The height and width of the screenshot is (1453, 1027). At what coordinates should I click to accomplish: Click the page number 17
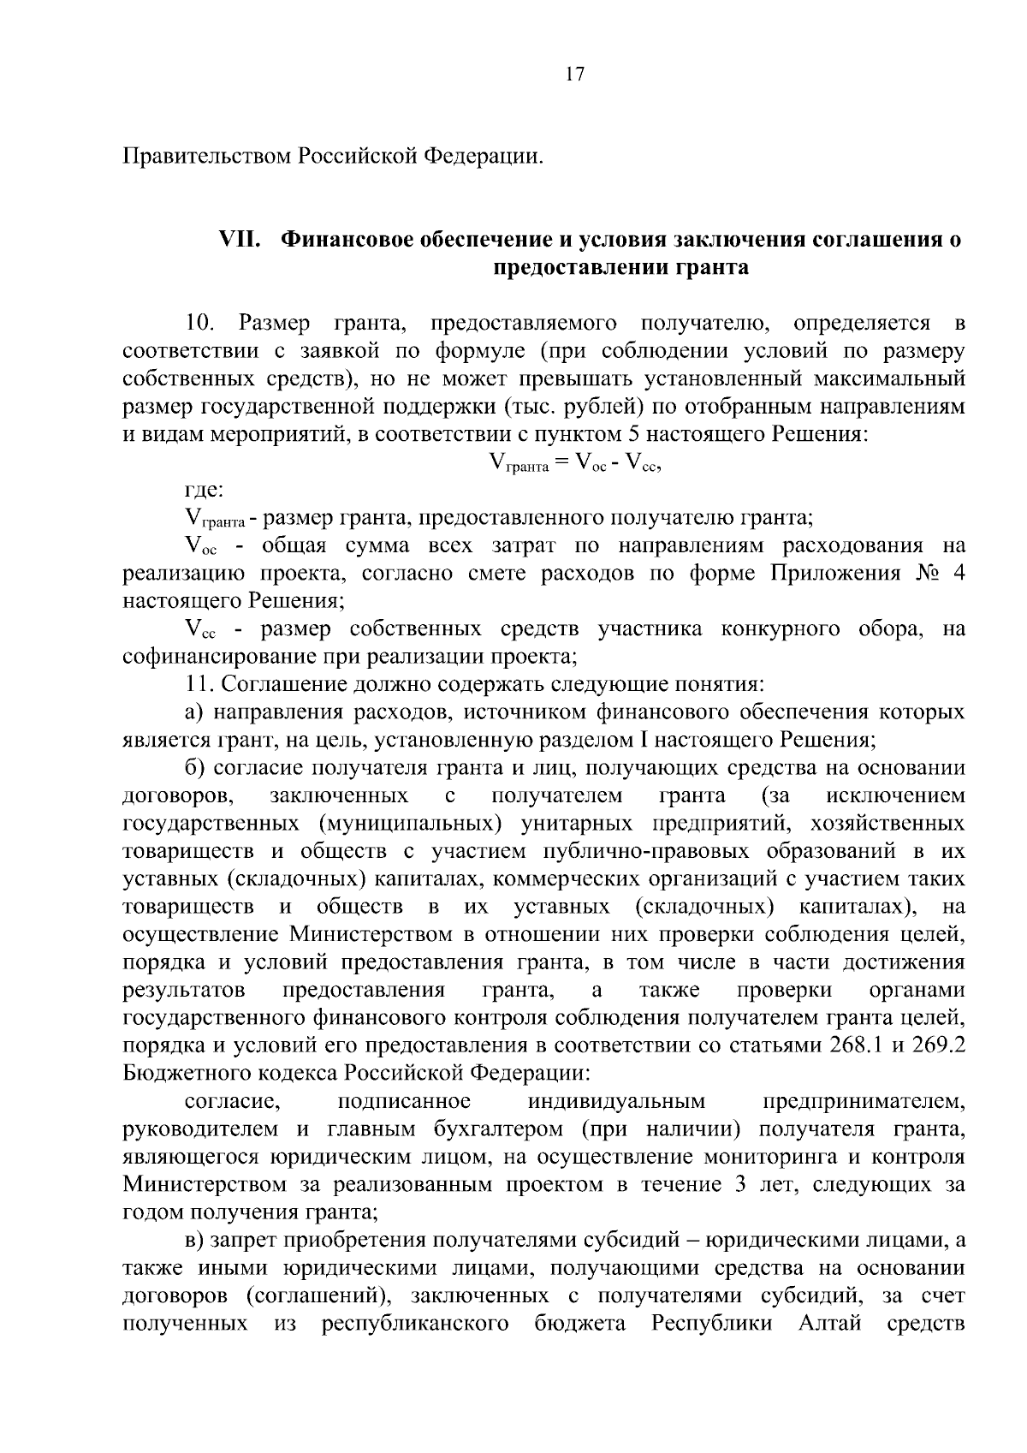pyautogui.click(x=574, y=74)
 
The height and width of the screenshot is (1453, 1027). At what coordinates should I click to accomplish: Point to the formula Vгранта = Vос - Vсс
pyautogui.click(x=574, y=463)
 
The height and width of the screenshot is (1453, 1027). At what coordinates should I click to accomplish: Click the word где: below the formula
pyautogui.click(x=205, y=491)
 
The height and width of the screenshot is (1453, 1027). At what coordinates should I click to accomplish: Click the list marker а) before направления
pyautogui.click(x=194, y=712)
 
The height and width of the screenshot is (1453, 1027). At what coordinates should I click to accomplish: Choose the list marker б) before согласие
pyautogui.click(x=194, y=768)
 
